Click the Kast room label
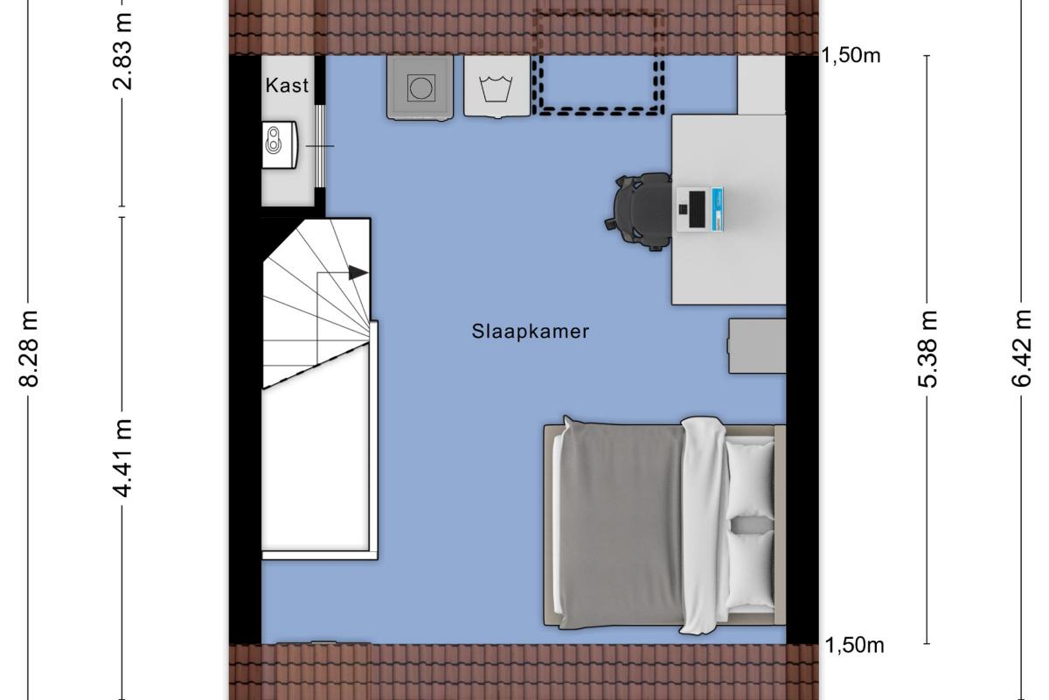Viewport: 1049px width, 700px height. pos(287,86)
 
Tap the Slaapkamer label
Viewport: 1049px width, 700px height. pos(530,332)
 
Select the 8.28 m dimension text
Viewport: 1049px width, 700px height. pos(29,348)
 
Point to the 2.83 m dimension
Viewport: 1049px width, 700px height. pos(122,52)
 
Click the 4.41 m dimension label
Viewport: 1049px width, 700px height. pos(122,458)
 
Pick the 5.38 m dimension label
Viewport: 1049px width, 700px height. pos(927,349)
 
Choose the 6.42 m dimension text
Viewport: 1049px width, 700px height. pos(1021,348)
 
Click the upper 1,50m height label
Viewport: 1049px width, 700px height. pos(851,56)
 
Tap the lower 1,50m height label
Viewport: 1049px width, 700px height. pos(854,646)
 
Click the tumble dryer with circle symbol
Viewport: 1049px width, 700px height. pos(420,87)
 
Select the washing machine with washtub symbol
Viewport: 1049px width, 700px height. pos(497,87)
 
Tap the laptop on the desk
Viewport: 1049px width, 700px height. pos(699,209)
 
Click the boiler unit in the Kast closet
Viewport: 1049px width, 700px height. pos(280,145)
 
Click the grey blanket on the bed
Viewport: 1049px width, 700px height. pos(622,524)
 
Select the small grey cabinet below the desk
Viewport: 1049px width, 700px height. pos(757,346)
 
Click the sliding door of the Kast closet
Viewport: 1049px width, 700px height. pos(319,146)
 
